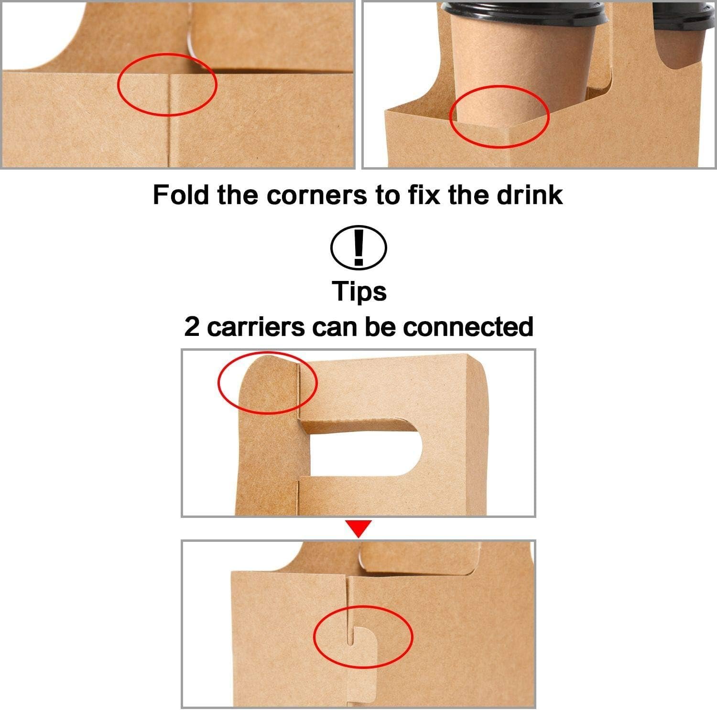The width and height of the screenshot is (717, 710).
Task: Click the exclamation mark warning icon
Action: coord(358,247)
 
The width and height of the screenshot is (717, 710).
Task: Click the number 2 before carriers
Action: coord(192,327)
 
